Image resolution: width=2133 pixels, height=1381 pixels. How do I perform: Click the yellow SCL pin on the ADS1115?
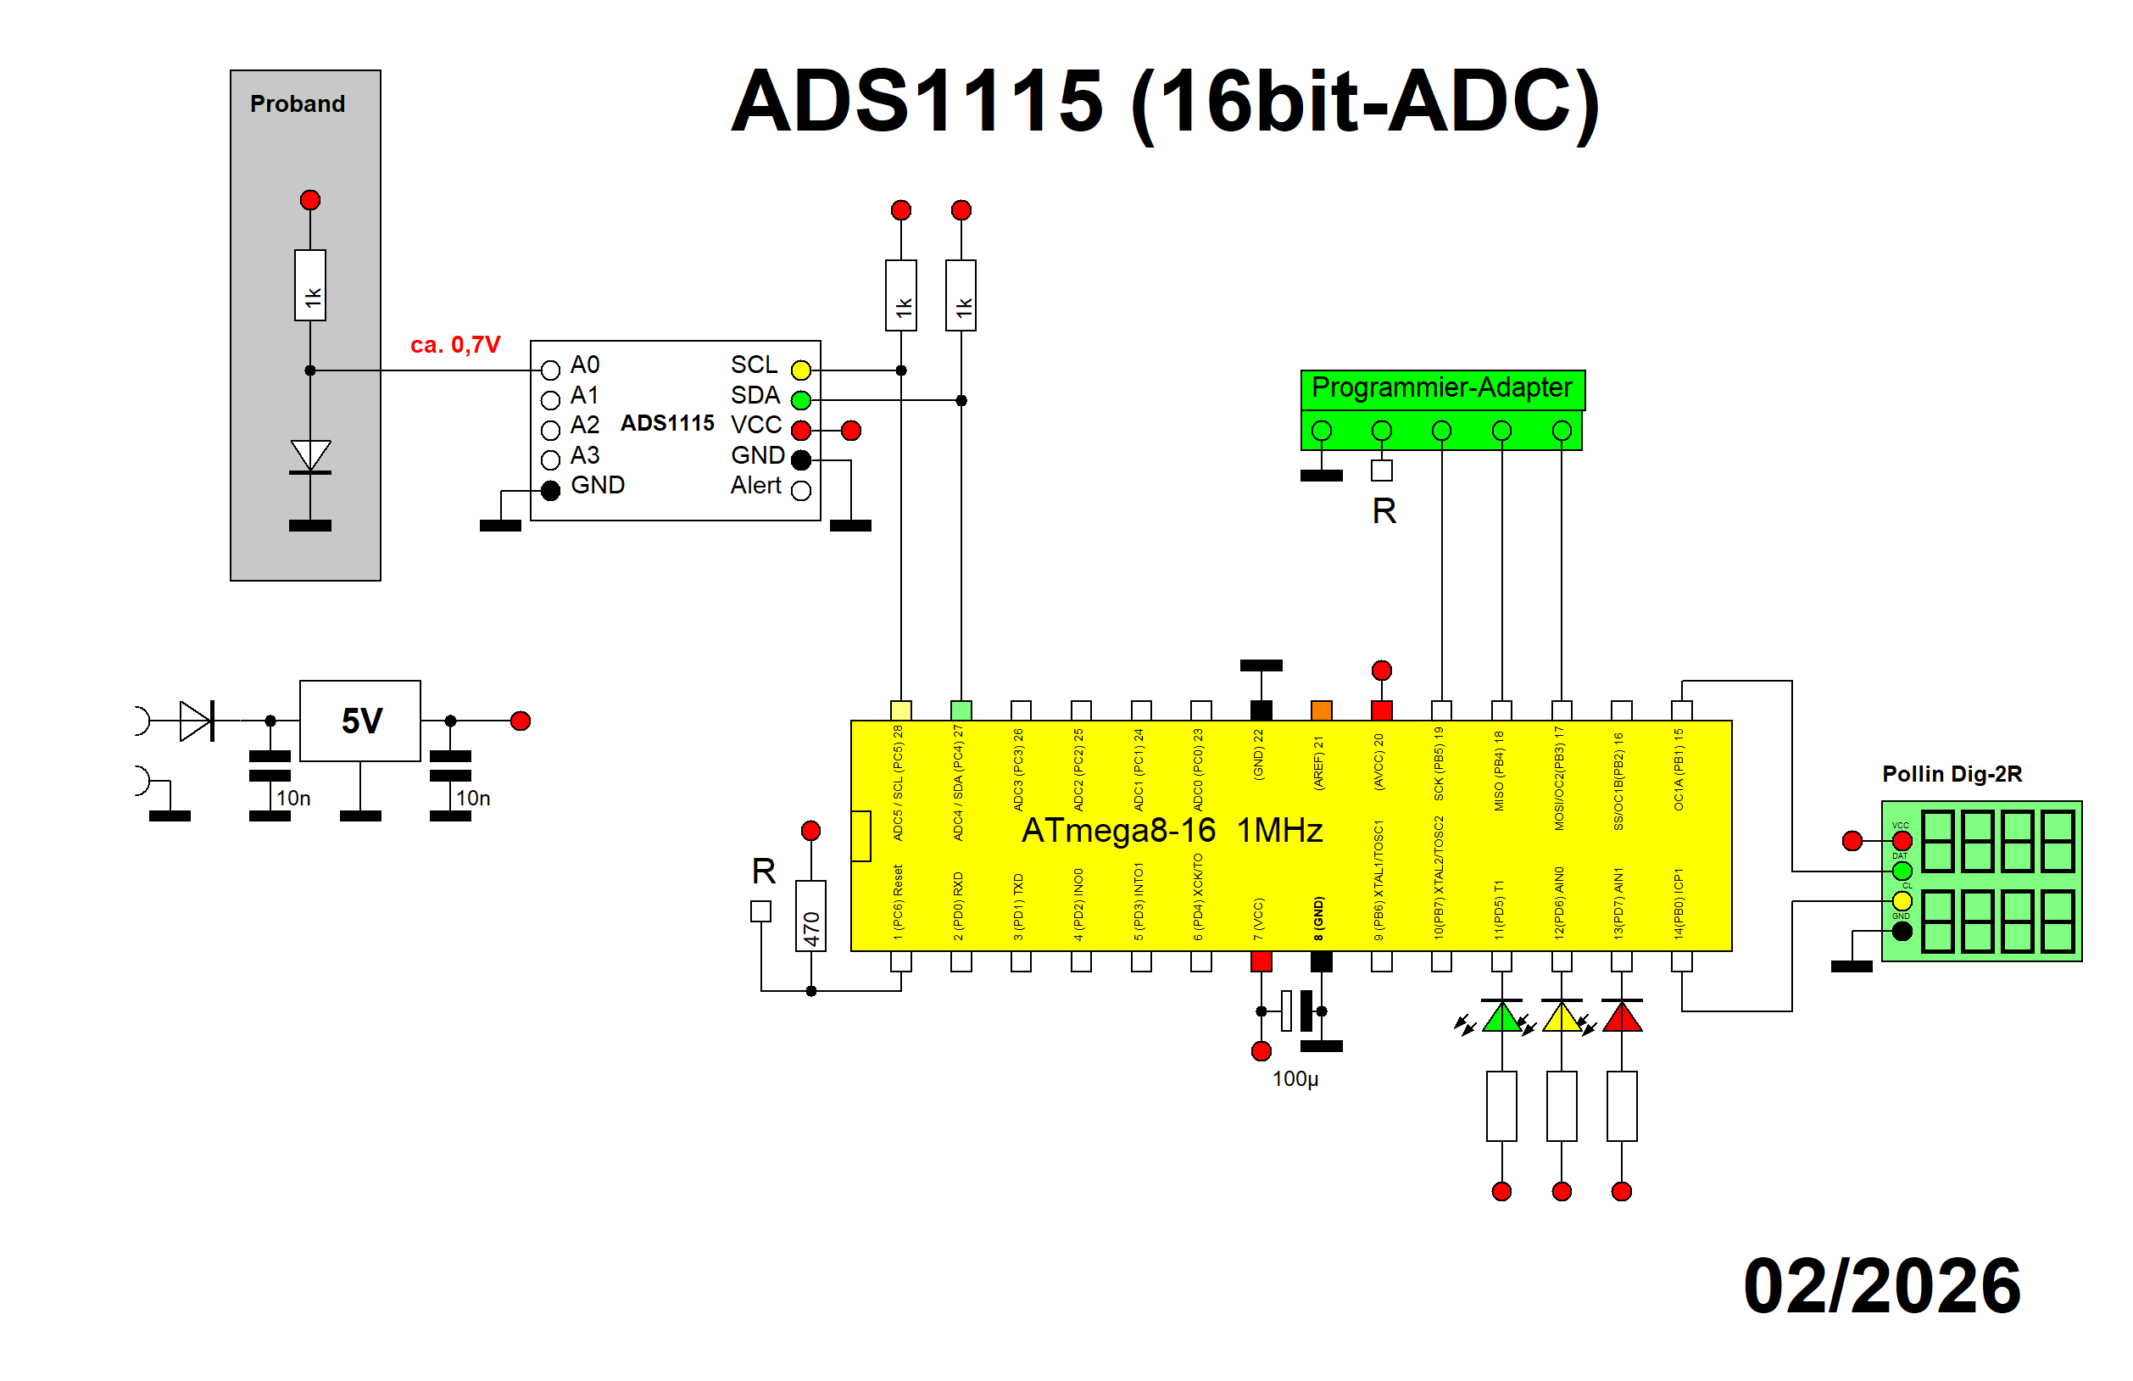[800, 370]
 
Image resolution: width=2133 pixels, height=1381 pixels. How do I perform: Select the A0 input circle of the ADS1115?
[550, 370]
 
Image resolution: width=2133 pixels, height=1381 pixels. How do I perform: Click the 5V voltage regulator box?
[360, 721]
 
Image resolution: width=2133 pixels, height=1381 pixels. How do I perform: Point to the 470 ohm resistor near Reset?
[810, 915]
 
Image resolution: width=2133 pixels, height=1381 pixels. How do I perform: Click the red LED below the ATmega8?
[1621, 1018]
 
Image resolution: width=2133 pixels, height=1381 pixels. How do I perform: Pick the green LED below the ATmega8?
[1501, 1018]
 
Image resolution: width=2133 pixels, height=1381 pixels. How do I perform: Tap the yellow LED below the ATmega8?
[1562, 1018]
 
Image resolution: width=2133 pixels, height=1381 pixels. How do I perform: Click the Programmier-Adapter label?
[1441, 388]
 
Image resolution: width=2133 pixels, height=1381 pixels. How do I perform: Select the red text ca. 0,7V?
[455, 345]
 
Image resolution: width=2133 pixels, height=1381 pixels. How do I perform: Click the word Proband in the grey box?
[298, 104]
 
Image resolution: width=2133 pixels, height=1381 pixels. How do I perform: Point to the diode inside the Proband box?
[310, 456]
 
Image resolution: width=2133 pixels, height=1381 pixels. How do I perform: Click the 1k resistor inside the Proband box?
[310, 285]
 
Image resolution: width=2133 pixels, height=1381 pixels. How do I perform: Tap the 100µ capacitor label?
[1295, 1079]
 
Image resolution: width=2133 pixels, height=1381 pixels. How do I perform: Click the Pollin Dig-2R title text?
[1951, 774]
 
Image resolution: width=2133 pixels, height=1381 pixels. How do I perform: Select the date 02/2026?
[1881, 1286]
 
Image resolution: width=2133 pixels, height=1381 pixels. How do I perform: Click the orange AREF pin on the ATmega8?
[1321, 710]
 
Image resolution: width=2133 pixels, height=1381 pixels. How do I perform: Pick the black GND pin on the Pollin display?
[1902, 931]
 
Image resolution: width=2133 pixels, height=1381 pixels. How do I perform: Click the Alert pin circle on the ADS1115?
[800, 490]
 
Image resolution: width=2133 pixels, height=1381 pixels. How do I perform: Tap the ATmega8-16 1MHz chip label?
[1172, 831]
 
